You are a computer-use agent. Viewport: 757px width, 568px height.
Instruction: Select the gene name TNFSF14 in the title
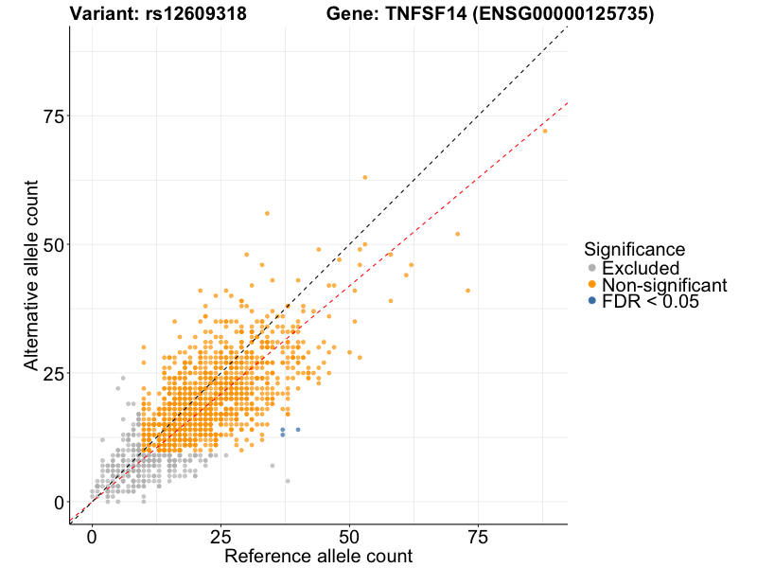pos(425,14)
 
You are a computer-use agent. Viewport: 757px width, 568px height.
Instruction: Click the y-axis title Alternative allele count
pos(32,275)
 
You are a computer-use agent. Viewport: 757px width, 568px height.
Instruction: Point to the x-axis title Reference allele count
pos(318,556)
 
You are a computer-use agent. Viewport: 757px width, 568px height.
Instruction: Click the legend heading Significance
pos(634,250)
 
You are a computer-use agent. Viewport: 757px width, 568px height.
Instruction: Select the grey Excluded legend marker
pos(592,269)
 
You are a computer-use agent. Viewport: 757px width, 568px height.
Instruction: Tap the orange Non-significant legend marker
pos(592,285)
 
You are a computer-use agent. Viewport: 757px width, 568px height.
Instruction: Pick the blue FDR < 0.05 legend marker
pos(592,301)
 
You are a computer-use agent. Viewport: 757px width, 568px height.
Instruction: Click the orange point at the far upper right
pos(545,131)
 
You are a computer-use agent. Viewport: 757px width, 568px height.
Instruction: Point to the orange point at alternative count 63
pos(365,177)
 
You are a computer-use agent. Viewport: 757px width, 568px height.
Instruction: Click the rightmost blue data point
pos(298,430)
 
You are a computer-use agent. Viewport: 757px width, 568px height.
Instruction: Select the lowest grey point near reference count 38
pos(288,481)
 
